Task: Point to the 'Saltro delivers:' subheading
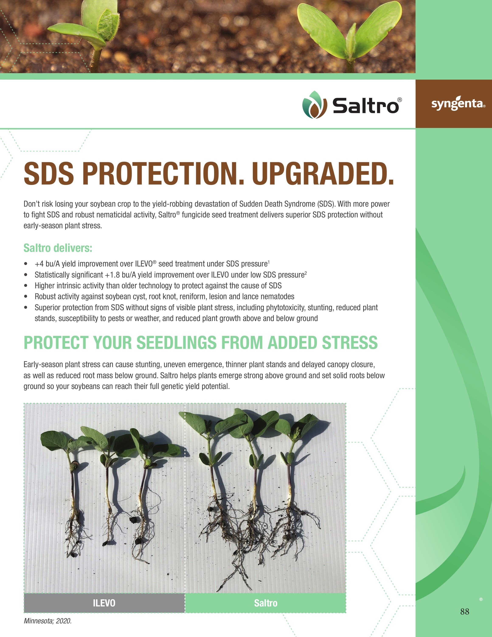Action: (x=58, y=248)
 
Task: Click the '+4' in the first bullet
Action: (x=39, y=264)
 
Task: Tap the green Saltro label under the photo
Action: (x=266, y=603)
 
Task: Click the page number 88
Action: (x=465, y=612)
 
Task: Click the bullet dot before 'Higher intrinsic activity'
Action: (x=26, y=286)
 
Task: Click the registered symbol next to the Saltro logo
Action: (x=400, y=100)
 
